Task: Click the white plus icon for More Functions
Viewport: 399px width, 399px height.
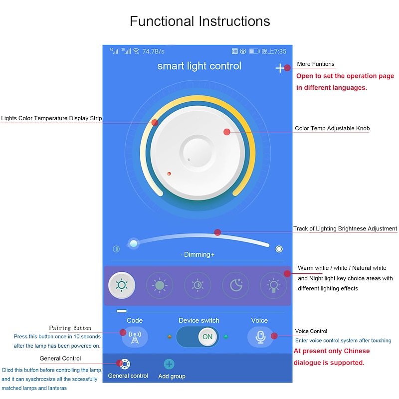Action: point(280,68)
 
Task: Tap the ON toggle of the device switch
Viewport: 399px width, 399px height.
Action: point(207,337)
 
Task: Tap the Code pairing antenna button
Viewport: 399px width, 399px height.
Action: point(134,337)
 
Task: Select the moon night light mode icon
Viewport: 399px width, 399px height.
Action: point(235,285)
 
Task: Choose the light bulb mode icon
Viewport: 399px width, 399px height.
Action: point(273,285)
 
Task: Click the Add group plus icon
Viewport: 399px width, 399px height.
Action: point(169,365)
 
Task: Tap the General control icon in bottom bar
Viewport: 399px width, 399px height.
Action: point(126,364)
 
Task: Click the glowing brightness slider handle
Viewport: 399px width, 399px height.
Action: point(133,243)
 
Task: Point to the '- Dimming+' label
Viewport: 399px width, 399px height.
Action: point(198,254)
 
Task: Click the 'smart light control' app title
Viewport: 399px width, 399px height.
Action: point(199,66)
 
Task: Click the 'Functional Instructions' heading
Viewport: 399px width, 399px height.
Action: point(199,21)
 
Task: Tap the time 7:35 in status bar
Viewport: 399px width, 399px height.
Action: point(280,51)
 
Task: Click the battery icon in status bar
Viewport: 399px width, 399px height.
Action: point(254,51)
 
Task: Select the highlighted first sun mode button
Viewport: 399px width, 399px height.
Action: point(121,285)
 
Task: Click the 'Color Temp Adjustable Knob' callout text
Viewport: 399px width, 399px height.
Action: point(332,129)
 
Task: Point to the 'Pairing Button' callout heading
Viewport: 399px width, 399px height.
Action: point(70,328)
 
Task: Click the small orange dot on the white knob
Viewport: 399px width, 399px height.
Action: point(169,174)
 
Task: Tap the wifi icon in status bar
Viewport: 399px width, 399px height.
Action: point(136,51)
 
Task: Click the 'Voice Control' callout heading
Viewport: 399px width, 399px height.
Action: point(311,331)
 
